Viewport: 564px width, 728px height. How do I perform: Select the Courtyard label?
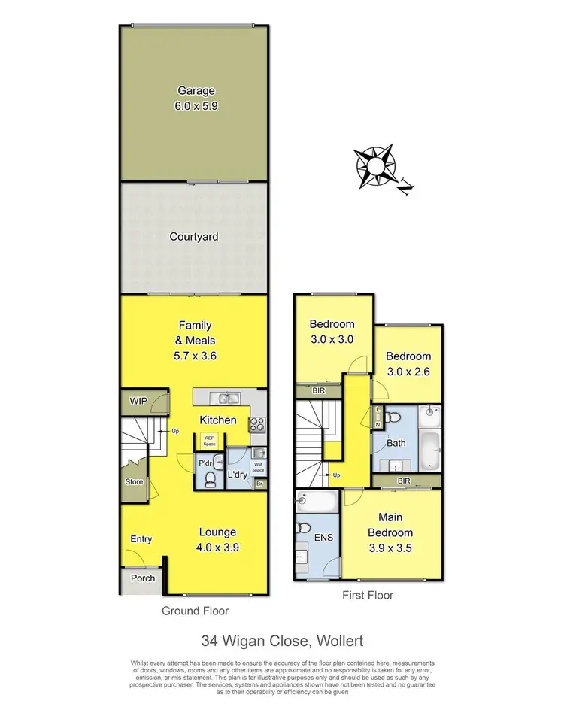[194, 237]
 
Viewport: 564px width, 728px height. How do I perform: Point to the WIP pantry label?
[138, 401]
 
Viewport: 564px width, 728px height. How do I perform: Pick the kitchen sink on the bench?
[225, 399]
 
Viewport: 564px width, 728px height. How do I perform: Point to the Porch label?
[143, 578]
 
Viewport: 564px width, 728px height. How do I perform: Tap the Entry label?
[141, 539]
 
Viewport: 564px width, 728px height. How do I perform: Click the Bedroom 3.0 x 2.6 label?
[409, 363]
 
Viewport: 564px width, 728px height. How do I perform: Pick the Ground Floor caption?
[196, 611]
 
